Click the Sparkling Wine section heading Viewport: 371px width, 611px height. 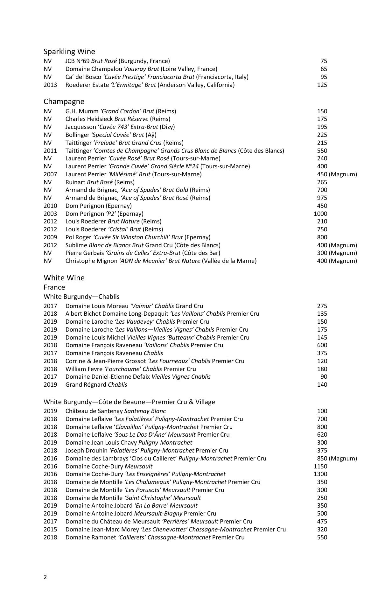[69, 52]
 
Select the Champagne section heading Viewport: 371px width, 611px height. [64, 102]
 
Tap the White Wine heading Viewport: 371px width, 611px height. [64, 278]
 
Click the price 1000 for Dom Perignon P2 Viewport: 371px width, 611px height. [320, 214]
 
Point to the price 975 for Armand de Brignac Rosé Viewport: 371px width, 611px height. [322, 198]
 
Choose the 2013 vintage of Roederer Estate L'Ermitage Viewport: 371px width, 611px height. [50, 85]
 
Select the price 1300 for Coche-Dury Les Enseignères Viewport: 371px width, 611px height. [320, 474]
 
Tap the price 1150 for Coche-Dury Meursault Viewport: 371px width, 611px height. [320, 466]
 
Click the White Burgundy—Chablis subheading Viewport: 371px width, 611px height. [81, 297]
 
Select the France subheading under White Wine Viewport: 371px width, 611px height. [54, 287]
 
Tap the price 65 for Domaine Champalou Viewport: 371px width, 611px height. [324, 69]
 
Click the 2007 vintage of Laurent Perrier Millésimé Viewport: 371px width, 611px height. [50, 174]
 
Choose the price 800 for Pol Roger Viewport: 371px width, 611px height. [322, 237]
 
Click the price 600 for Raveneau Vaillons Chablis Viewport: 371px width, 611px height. [322, 345]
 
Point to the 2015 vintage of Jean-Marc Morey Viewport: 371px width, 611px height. [50, 530]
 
